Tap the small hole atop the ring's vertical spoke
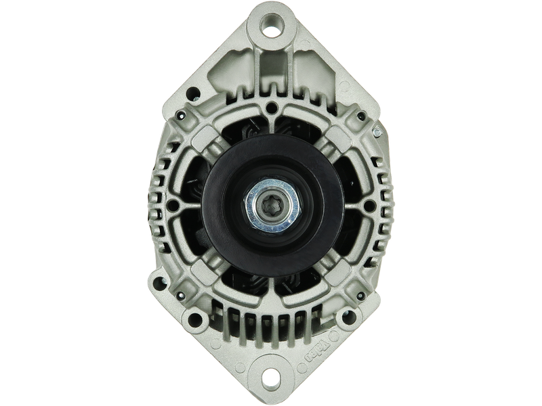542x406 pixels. click(x=271, y=107)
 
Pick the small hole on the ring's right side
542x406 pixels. click(x=368, y=203)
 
